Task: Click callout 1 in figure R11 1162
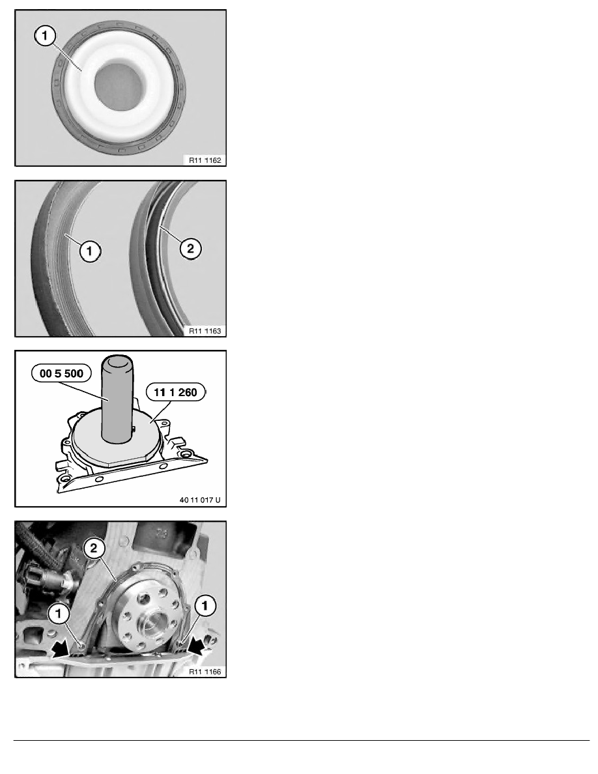[x=46, y=36]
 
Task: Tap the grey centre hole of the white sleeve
[x=119, y=84]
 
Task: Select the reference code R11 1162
[x=205, y=160]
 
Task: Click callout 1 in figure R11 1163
[x=90, y=251]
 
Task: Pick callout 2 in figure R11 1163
[x=190, y=248]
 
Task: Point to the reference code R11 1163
[x=205, y=331]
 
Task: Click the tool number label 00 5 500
[x=61, y=373]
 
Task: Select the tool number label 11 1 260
[x=176, y=392]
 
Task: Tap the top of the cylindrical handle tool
[x=118, y=362]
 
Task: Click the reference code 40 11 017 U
[x=200, y=500]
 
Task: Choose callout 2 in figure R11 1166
[x=94, y=548]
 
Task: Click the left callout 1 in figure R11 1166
[x=59, y=614]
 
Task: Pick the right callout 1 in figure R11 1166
[x=205, y=606]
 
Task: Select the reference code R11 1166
[x=205, y=671]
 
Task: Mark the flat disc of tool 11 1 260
[x=117, y=437]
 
